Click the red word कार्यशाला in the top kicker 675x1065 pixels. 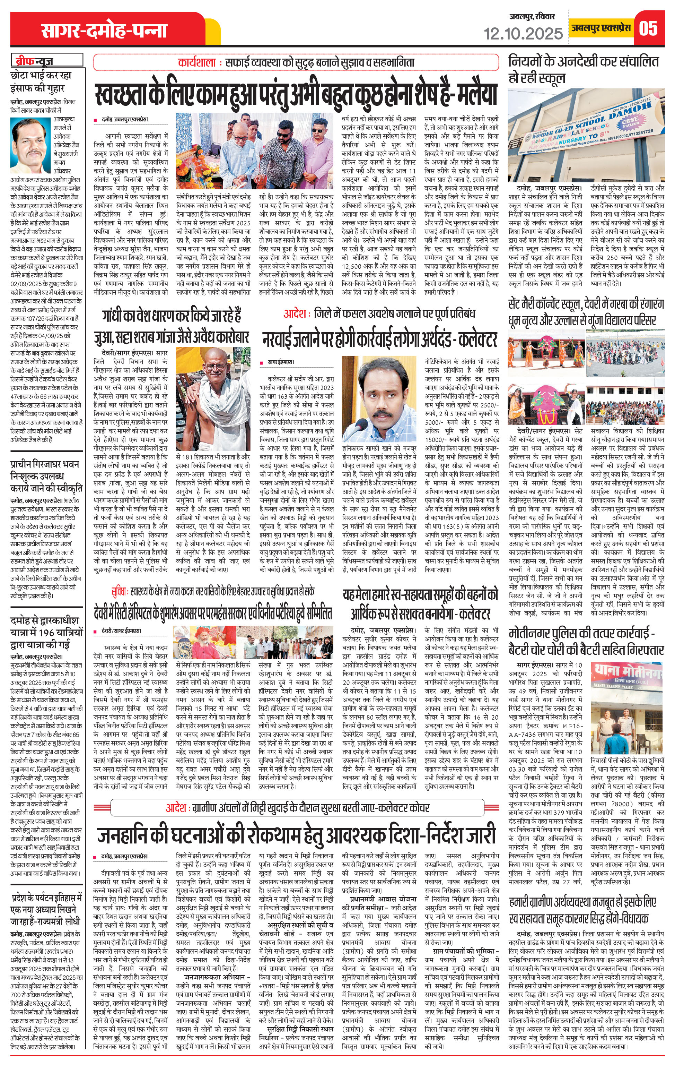point(197,62)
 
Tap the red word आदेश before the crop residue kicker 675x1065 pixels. point(295,314)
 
